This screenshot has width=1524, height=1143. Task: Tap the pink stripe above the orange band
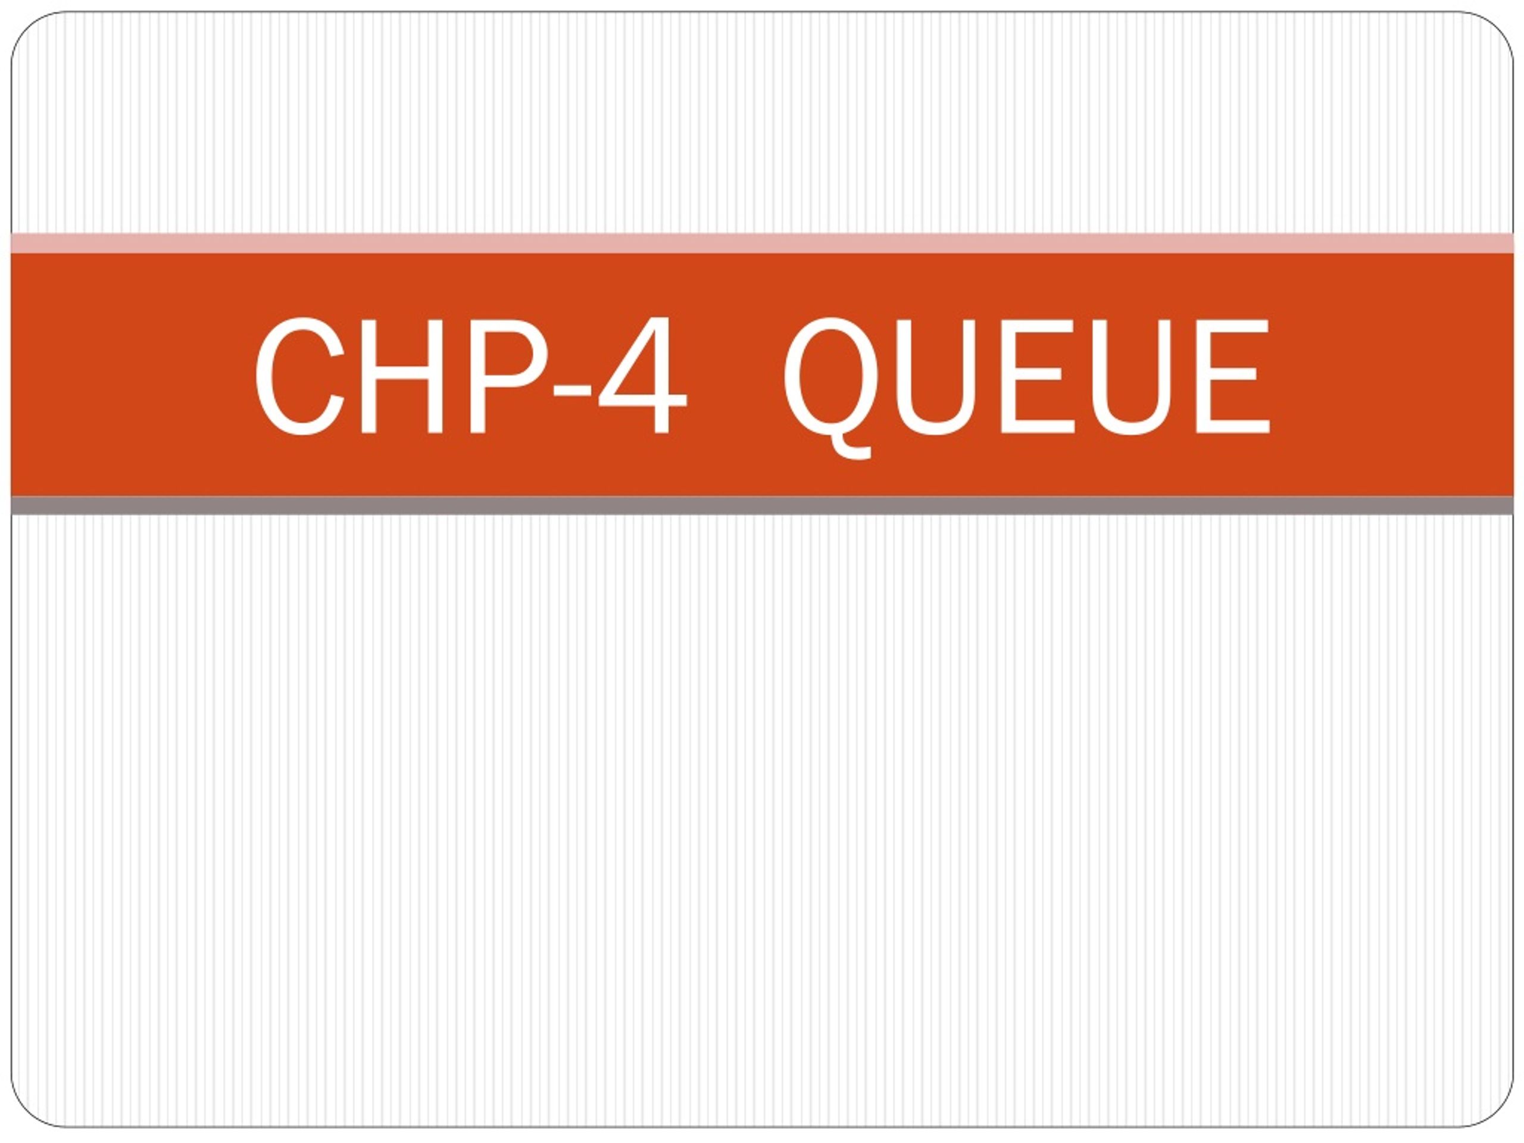click(762, 243)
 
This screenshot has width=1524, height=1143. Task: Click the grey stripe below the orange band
click(762, 505)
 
